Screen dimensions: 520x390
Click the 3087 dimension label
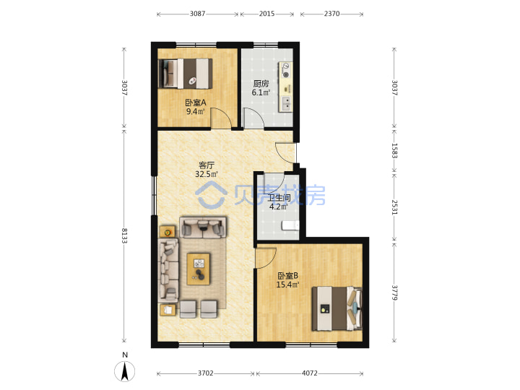[x=197, y=14]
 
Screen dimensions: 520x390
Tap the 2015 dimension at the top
[x=266, y=14]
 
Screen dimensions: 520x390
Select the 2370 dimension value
[x=331, y=14]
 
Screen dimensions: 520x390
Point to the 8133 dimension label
[x=124, y=235]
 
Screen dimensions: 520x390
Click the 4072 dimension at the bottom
[x=309, y=373]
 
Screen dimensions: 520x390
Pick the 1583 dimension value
[x=394, y=150]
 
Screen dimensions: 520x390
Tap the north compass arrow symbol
[x=125, y=371]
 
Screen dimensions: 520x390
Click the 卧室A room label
[x=196, y=103]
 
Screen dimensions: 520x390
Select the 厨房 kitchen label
[x=261, y=84]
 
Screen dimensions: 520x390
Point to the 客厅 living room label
[x=207, y=165]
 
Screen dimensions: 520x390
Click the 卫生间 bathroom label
[x=279, y=198]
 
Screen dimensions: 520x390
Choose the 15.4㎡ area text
[x=287, y=285]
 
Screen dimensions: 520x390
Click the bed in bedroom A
[x=186, y=74]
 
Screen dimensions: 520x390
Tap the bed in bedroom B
[x=337, y=308]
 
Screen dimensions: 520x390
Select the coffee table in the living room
[x=199, y=269]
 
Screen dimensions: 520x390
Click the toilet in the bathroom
[x=290, y=225]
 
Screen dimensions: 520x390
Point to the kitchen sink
[x=286, y=103]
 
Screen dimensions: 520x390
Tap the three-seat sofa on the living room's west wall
[x=168, y=271]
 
